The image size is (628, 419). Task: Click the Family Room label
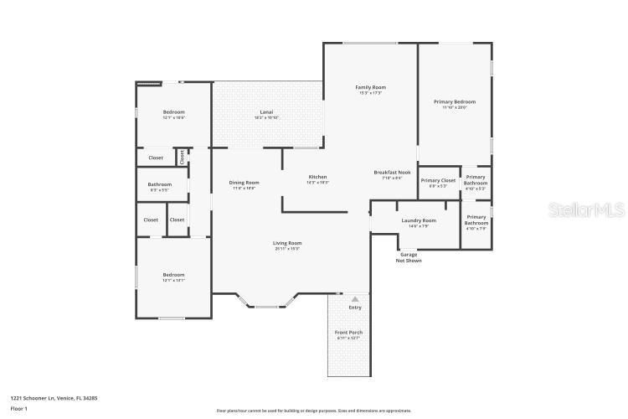click(x=370, y=87)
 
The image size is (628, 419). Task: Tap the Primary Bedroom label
click(x=455, y=102)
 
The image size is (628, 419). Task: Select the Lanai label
click(x=266, y=112)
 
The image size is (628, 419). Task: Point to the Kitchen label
click(x=317, y=177)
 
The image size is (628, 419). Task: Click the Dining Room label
click(x=245, y=183)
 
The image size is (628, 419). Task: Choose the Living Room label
click(x=287, y=243)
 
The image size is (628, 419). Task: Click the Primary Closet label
click(x=438, y=180)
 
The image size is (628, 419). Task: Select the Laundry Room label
click(x=418, y=220)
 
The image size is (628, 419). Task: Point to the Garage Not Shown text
click(x=409, y=257)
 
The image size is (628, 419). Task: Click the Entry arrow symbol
click(x=355, y=298)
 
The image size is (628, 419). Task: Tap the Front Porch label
click(x=349, y=333)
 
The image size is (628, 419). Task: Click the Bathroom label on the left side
click(x=160, y=184)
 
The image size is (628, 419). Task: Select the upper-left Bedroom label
click(x=173, y=112)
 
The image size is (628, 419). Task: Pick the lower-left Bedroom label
click(x=173, y=275)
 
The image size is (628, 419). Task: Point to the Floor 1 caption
click(x=19, y=408)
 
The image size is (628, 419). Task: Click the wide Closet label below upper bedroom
click(x=156, y=158)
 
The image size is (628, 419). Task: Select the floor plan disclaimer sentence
click(x=314, y=411)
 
